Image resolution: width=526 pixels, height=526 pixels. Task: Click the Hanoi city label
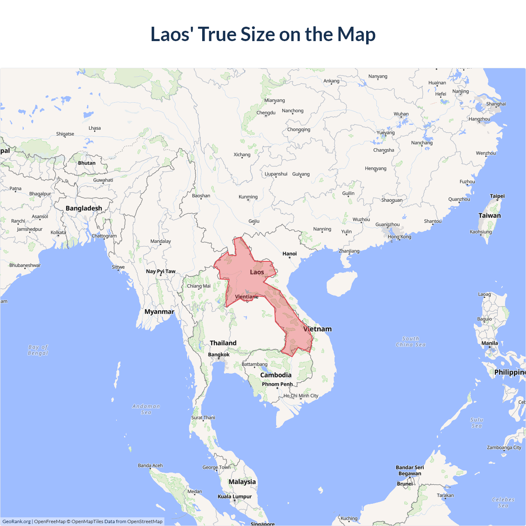(289, 254)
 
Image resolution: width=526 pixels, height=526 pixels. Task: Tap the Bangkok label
(219, 355)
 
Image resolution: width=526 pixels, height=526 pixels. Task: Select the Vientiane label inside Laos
(247, 297)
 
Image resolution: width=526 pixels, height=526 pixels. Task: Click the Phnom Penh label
(277, 384)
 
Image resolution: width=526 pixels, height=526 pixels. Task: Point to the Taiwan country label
(489, 215)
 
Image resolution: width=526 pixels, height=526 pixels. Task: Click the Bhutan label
(87, 163)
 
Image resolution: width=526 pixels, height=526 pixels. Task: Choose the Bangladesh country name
(84, 208)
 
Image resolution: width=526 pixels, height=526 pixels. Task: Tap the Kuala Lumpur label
(235, 496)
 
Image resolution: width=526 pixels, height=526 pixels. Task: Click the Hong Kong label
(399, 237)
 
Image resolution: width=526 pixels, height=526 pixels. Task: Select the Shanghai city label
(496, 104)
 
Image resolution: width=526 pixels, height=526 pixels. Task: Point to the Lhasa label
(95, 128)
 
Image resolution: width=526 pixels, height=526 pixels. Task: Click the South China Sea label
(411, 341)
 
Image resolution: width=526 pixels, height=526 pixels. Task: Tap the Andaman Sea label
(146, 409)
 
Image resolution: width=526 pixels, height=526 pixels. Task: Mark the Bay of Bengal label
(38, 350)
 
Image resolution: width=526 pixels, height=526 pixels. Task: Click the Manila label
(489, 343)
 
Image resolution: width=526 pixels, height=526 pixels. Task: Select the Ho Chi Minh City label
(301, 396)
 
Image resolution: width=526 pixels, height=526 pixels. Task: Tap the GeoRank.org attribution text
(16, 521)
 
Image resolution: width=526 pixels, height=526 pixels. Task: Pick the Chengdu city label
(266, 113)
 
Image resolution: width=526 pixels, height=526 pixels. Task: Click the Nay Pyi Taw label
(161, 271)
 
